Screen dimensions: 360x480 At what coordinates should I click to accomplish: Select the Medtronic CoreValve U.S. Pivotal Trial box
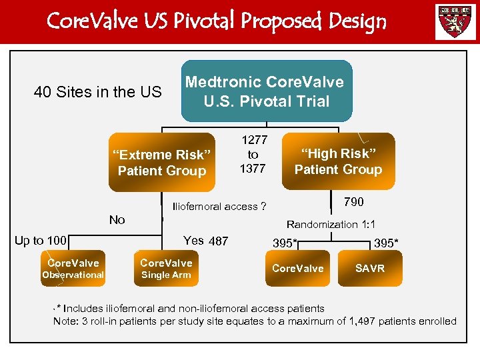267,91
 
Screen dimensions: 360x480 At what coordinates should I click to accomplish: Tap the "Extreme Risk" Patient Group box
162,163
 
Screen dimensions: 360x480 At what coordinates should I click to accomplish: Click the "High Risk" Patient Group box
338,161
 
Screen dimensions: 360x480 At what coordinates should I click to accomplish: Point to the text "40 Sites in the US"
97,92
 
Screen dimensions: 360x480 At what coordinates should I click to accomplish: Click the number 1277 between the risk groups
253,140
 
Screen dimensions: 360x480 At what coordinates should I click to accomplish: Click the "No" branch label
117,220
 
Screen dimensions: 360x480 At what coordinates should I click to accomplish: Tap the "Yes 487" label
205,241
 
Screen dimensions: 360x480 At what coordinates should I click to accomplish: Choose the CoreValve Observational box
73,269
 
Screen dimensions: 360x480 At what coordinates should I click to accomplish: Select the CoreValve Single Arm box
166,269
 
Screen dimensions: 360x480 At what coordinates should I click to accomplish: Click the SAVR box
370,268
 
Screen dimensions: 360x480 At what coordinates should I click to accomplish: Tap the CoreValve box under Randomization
297,268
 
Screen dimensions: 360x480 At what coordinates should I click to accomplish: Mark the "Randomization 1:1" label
331,225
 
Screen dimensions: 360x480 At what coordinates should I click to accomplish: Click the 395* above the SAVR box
387,243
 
